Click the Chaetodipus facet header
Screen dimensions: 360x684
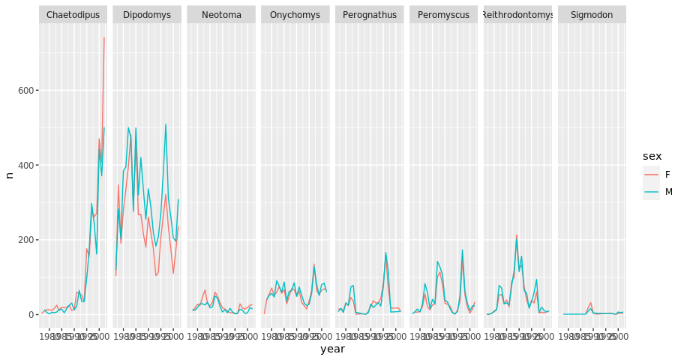click(x=73, y=15)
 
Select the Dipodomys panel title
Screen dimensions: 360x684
click(x=147, y=15)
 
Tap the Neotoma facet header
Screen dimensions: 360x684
click(x=221, y=15)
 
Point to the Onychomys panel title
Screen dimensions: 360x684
click(x=295, y=15)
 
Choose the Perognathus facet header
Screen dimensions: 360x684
click(x=370, y=15)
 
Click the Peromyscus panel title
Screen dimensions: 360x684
click(x=444, y=15)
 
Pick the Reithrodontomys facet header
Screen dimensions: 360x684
click(x=518, y=15)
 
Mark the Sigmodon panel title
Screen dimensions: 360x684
click(x=592, y=15)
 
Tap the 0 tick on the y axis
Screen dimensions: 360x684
click(x=28, y=314)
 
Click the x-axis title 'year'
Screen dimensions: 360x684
click(x=333, y=349)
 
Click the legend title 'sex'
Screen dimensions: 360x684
click(x=652, y=155)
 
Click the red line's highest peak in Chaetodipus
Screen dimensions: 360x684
click(x=104, y=37)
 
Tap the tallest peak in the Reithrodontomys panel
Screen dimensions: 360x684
click(x=516, y=235)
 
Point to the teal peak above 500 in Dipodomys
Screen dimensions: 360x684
click(x=166, y=124)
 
